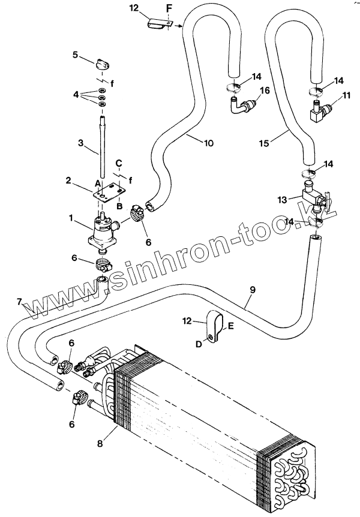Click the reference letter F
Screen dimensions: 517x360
coord(169,7)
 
